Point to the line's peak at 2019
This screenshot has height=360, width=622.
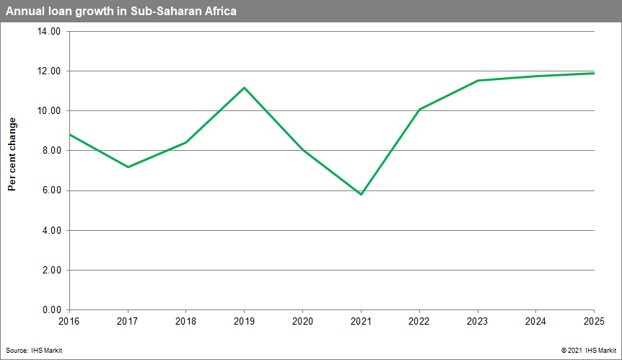click(245, 88)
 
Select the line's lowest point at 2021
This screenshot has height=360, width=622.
click(361, 194)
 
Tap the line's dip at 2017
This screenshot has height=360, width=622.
click(128, 167)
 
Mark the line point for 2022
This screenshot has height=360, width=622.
click(419, 110)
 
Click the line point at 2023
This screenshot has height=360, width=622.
click(478, 81)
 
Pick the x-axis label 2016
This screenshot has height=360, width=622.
click(69, 320)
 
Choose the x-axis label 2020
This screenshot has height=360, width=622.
click(303, 320)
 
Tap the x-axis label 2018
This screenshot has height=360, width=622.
click(186, 320)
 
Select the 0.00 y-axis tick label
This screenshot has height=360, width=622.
click(51, 309)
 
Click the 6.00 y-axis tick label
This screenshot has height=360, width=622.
click(51, 190)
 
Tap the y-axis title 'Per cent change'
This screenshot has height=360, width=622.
click(12, 154)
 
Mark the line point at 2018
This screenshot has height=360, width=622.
click(186, 142)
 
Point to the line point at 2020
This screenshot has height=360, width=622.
click(303, 150)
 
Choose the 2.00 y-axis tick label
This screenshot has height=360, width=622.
click(51, 270)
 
